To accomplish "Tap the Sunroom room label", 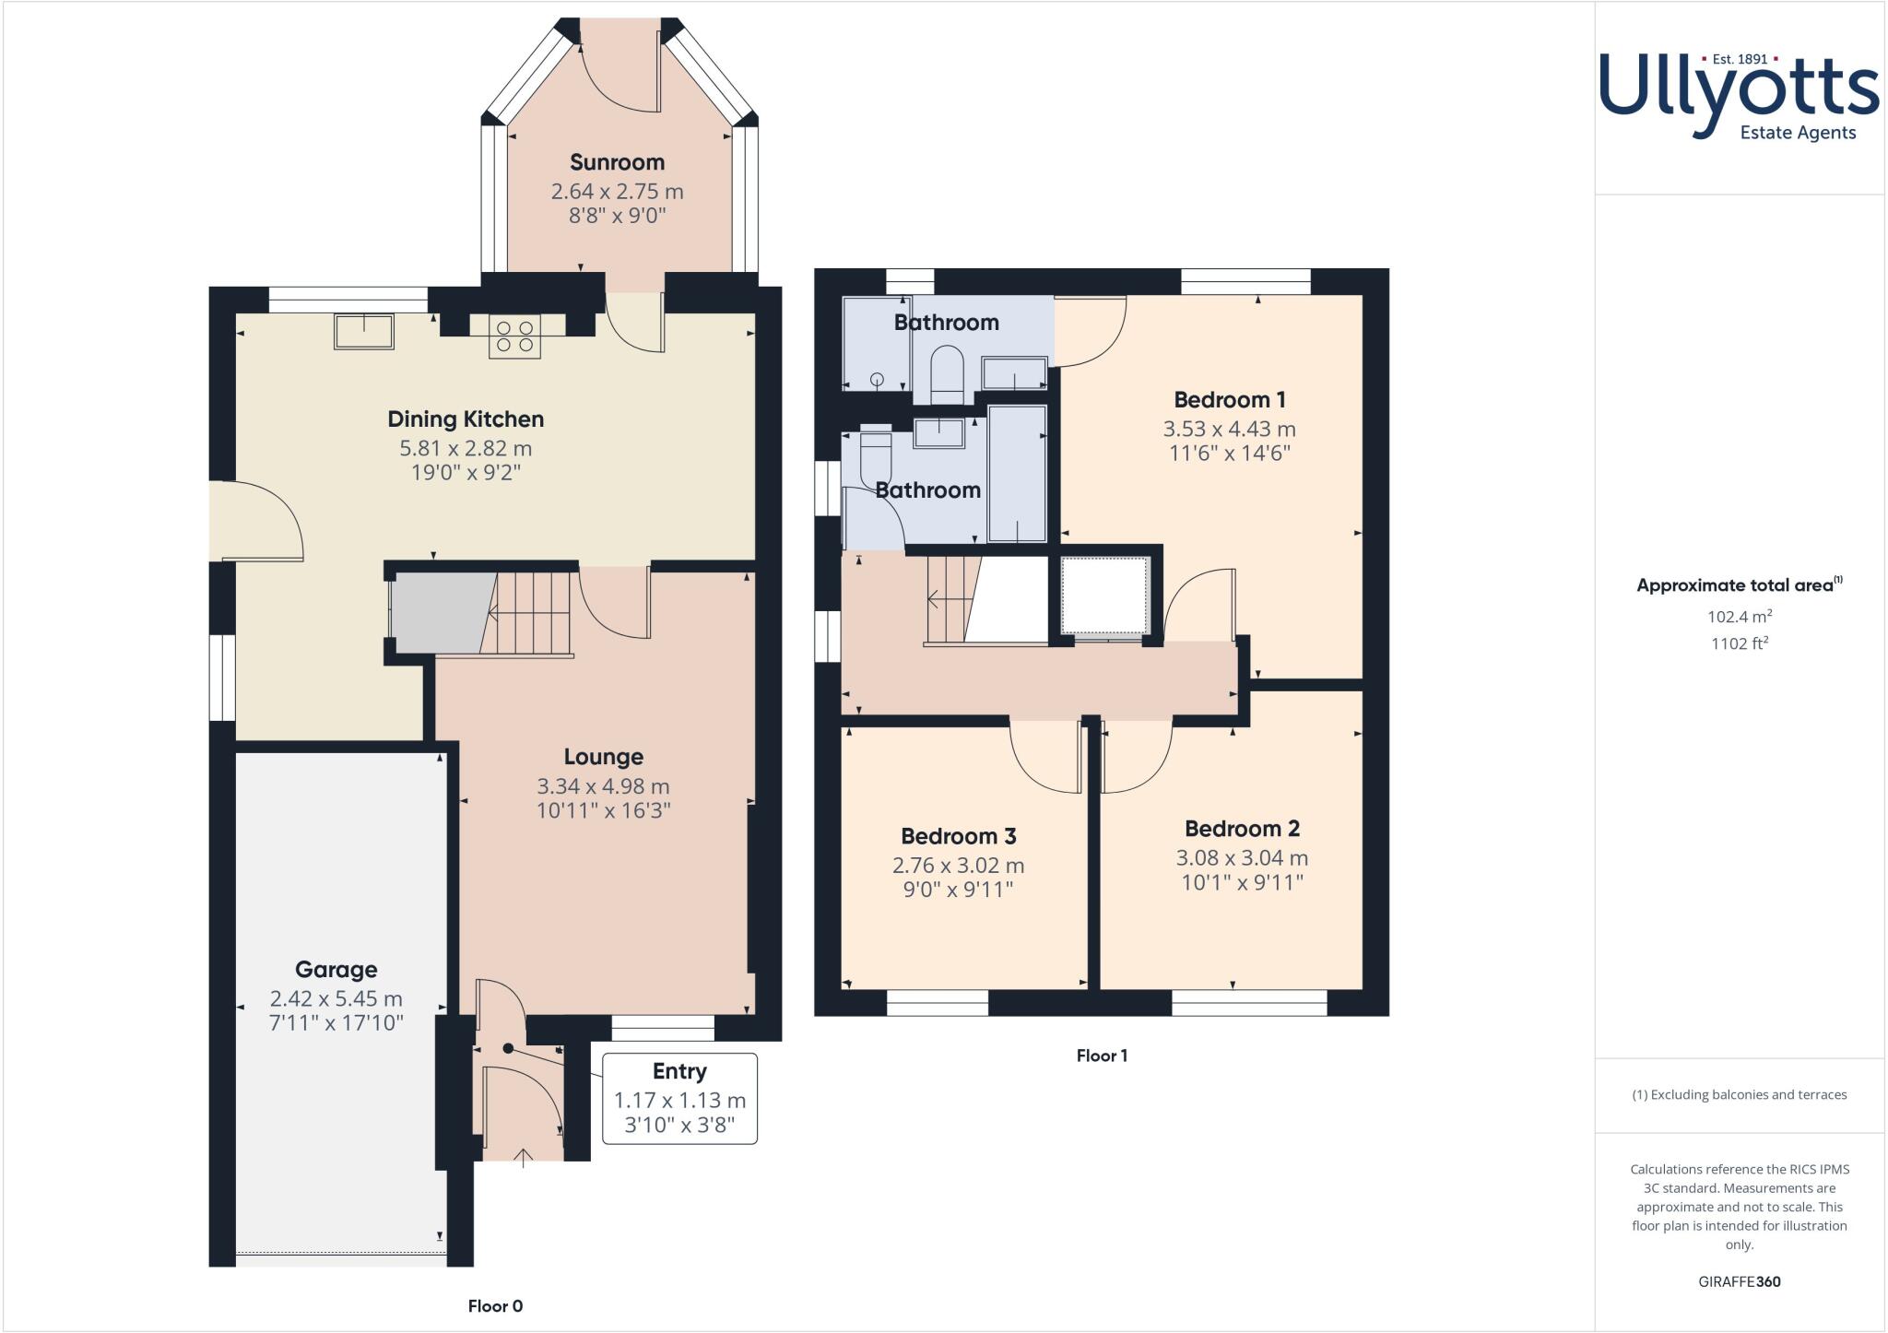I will coord(617,162).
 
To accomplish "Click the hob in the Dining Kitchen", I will coord(514,336).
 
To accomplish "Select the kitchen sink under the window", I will coord(364,331).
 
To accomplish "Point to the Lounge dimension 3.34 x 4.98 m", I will coord(603,786).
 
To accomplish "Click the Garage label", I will coord(336,969).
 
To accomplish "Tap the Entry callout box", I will coord(679,1098).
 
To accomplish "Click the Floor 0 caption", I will coord(495,1305).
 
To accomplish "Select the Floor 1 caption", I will coord(1102,1056).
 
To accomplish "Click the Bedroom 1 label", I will coord(1229,399).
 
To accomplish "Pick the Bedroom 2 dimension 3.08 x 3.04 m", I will coord(1242,857).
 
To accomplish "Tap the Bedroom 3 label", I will coord(958,836).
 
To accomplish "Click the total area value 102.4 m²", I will coord(1739,617).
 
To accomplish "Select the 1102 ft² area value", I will coord(1739,643).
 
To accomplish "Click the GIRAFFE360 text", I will coord(1739,1281).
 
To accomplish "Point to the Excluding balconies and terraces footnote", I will coord(1739,1095).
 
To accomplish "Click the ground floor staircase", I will coord(530,613).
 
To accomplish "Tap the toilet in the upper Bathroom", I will coord(947,372).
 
